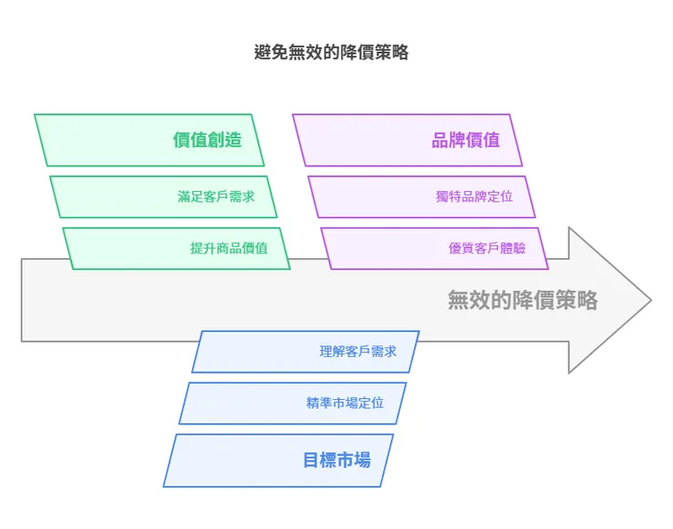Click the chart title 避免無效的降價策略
tap(331, 53)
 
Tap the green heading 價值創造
tap(207, 140)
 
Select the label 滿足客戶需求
tap(216, 196)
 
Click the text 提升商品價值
tap(228, 247)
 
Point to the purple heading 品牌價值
tap(466, 140)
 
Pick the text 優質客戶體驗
tap(487, 247)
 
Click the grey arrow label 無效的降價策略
tap(522, 300)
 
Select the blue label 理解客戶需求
tap(357, 351)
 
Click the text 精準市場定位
tap(345, 403)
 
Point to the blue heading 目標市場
tap(336, 459)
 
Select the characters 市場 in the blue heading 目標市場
tap(354, 459)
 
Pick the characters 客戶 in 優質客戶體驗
tap(487, 247)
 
